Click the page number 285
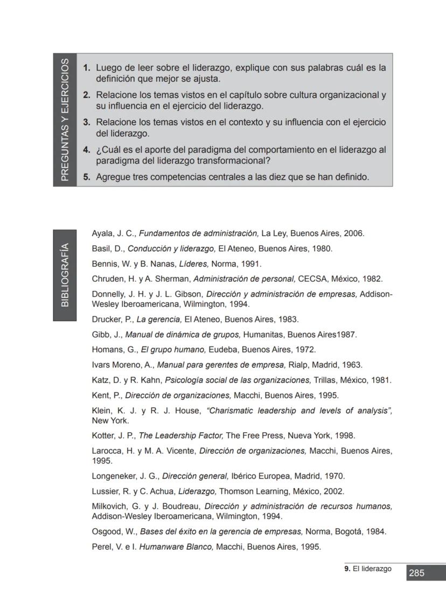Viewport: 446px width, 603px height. (x=416, y=573)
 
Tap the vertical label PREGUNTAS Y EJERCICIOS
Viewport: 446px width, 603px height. (x=65, y=120)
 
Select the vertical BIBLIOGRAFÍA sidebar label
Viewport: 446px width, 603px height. (x=65, y=275)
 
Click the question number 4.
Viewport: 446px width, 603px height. (x=86, y=150)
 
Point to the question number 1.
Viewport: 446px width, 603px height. (x=86, y=68)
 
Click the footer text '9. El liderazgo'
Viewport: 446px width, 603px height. (x=368, y=569)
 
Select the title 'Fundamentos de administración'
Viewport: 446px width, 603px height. (x=199, y=233)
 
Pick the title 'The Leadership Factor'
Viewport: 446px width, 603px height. (x=181, y=435)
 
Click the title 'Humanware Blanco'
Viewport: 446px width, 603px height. (x=176, y=546)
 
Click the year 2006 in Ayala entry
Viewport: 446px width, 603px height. (x=354, y=233)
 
